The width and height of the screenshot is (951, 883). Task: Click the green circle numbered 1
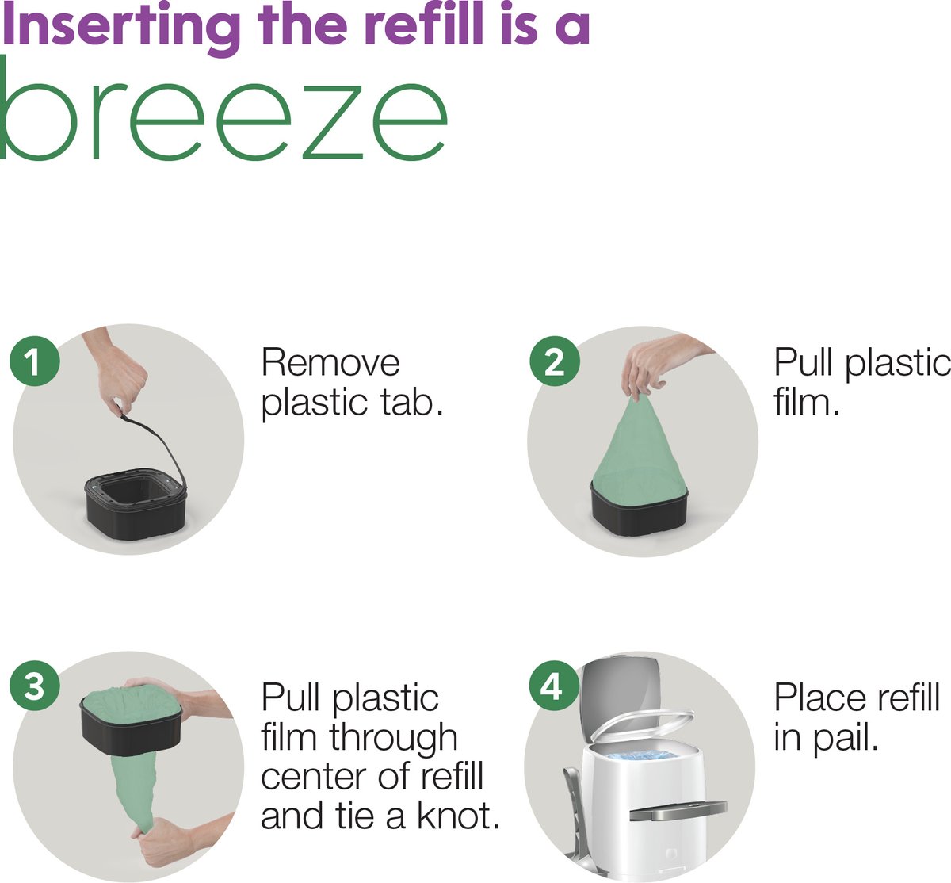[35, 361]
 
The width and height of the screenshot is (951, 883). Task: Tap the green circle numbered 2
[554, 361]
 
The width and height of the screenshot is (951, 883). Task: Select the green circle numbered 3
[35, 686]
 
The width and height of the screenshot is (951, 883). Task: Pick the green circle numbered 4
[554, 686]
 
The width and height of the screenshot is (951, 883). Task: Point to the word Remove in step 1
[330, 363]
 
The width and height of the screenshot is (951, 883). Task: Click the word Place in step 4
[821, 698]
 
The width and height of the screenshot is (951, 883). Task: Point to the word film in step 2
[807, 403]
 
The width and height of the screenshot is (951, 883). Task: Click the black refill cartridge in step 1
[136, 503]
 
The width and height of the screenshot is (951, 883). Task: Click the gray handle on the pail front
[678, 810]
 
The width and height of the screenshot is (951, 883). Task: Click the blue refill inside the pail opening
[642, 755]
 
